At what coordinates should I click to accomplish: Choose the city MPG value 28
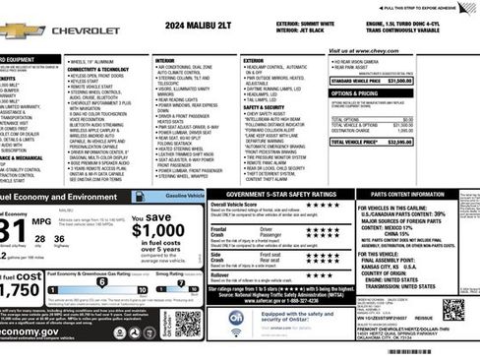(x=40, y=239)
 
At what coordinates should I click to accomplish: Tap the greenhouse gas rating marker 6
(x=101, y=281)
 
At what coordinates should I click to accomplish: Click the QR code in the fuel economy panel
(x=187, y=322)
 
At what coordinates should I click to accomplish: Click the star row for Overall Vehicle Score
(x=322, y=206)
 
